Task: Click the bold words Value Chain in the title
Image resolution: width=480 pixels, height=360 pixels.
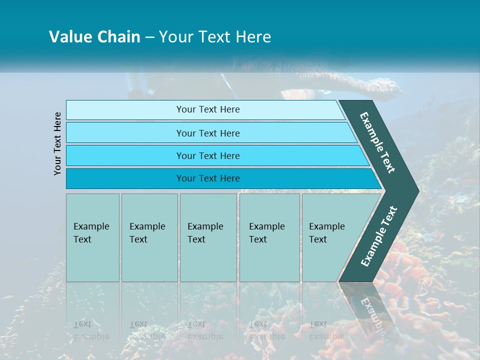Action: click(x=94, y=37)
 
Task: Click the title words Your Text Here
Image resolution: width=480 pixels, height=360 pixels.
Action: click(x=215, y=37)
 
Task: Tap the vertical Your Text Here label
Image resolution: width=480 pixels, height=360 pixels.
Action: click(x=58, y=143)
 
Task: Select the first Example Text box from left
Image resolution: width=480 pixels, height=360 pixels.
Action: click(x=92, y=237)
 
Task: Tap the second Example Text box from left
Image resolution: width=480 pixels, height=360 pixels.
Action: click(x=149, y=237)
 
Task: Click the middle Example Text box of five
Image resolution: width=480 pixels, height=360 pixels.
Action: click(x=208, y=237)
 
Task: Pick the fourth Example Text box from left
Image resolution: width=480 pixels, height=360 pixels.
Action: click(x=269, y=237)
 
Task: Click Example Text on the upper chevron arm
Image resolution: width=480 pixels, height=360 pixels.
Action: click(x=377, y=142)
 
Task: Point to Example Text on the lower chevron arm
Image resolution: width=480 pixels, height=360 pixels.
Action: click(x=379, y=236)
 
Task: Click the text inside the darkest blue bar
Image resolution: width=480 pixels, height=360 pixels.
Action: click(x=208, y=178)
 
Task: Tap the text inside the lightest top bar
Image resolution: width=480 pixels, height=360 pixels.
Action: click(x=208, y=109)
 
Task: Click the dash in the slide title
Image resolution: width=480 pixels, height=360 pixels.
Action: click(x=149, y=37)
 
